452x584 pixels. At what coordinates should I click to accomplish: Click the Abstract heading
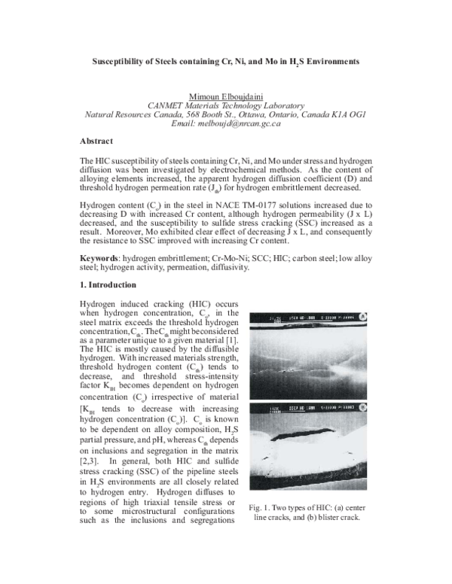pos(96,141)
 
